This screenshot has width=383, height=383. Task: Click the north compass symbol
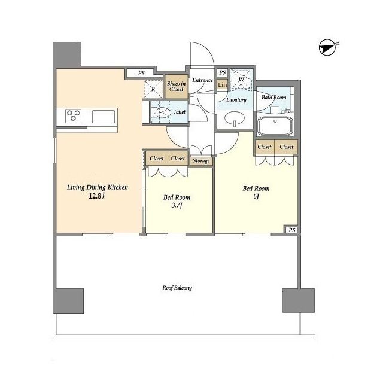pyautogui.click(x=327, y=47)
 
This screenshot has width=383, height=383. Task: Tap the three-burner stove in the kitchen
pyautogui.click(x=73, y=115)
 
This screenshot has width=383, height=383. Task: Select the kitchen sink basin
pyautogui.click(x=104, y=117)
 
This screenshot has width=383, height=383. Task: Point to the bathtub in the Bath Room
pyautogui.click(x=275, y=126)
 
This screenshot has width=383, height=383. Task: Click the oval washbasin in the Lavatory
pyautogui.click(x=234, y=118)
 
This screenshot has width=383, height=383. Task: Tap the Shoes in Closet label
pyautogui.click(x=176, y=86)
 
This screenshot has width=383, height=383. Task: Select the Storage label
pyautogui.click(x=201, y=161)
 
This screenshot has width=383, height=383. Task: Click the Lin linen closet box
pyautogui.click(x=222, y=84)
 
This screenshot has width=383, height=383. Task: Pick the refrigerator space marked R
pyautogui.click(x=153, y=89)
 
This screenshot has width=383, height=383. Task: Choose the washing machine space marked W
pyautogui.click(x=241, y=80)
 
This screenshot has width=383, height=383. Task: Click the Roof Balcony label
pyautogui.click(x=177, y=288)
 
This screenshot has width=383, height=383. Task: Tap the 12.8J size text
pyautogui.click(x=97, y=196)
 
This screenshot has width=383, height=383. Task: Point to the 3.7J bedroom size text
pyautogui.click(x=177, y=205)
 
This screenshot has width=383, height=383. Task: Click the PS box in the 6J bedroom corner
pyautogui.click(x=291, y=230)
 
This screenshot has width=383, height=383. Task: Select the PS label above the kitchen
pyautogui.click(x=141, y=73)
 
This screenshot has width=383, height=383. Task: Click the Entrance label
pyautogui.click(x=202, y=80)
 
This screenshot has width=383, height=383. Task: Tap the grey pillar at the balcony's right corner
pyautogui.click(x=299, y=300)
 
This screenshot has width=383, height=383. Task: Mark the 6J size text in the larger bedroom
pyautogui.click(x=256, y=196)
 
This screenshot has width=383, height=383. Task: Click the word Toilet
pyautogui.click(x=180, y=112)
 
